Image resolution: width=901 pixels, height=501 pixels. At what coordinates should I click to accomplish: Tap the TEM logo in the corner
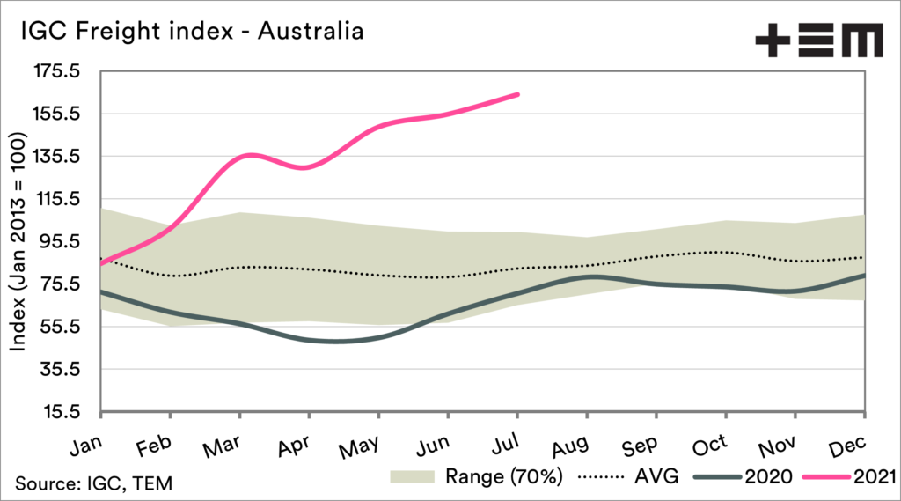[x=818, y=41]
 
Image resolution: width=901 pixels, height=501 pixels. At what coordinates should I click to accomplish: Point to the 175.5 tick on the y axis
[x=56, y=71]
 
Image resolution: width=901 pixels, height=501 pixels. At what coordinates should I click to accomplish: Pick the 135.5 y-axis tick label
[x=56, y=157]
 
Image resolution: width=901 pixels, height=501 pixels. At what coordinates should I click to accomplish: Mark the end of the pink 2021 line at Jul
[x=517, y=94]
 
